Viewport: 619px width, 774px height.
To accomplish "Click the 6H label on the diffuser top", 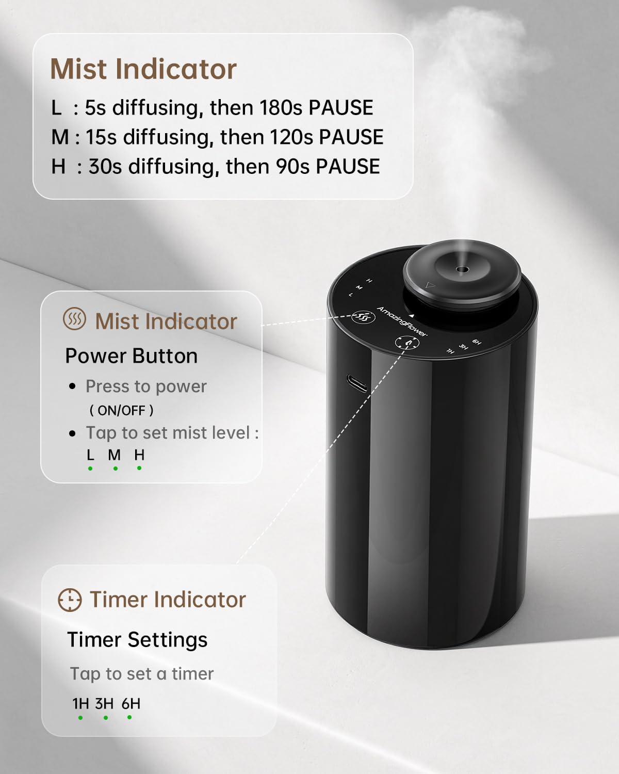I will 477,341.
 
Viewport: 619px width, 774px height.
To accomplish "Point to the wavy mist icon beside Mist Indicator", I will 74,320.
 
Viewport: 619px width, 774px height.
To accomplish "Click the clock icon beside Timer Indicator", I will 70,600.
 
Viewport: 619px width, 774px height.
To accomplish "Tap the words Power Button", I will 131,356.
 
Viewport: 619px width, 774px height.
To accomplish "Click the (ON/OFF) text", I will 121,410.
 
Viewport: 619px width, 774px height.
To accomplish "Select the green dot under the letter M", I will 115,469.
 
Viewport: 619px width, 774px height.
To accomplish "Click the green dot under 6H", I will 129,717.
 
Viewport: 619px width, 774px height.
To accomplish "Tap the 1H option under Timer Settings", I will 80,704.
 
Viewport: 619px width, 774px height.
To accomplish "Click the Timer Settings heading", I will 137,640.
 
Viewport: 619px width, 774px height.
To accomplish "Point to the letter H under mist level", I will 139,455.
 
